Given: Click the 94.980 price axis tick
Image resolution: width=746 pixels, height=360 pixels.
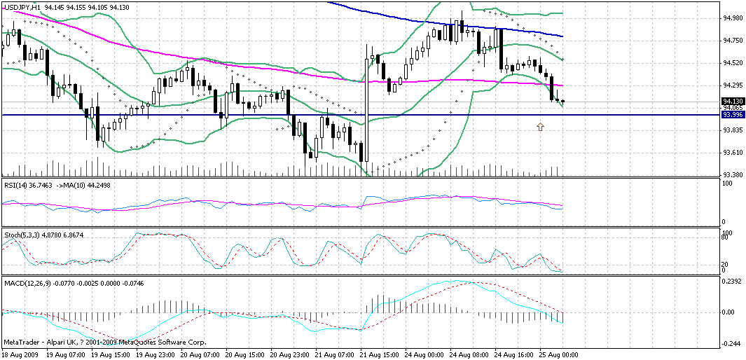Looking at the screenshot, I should click(x=733, y=18).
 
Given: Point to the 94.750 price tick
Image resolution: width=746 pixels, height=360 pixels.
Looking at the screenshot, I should click(x=733, y=41).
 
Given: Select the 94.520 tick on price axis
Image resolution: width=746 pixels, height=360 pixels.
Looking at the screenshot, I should click(x=733, y=63).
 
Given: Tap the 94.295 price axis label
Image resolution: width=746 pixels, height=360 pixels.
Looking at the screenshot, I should click(x=733, y=85).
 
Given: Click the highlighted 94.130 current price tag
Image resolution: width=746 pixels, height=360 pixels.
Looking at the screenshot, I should click(x=733, y=101).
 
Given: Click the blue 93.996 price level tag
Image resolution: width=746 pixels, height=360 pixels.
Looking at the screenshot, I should click(x=733, y=114).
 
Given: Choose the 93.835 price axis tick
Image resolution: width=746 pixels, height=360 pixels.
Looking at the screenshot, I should click(x=733, y=130).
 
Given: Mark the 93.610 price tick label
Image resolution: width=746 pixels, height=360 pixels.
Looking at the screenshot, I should click(x=733, y=153).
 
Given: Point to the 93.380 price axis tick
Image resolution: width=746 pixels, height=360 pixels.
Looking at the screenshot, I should click(x=733, y=175).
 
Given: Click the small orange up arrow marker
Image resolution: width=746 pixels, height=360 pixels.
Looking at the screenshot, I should click(x=540, y=127).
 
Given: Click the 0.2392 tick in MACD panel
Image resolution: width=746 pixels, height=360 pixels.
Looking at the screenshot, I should click(x=733, y=280).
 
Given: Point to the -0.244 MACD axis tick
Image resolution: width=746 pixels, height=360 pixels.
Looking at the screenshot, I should click(x=733, y=343).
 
